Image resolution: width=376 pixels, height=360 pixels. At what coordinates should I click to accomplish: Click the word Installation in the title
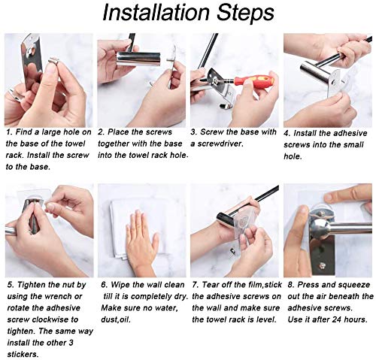[156, 13]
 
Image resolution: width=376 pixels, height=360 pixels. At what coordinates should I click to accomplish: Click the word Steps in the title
[245, 14]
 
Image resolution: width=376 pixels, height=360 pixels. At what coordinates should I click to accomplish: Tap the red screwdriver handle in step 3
[253, 80]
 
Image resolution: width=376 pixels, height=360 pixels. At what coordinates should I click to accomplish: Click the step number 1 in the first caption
[8, 132]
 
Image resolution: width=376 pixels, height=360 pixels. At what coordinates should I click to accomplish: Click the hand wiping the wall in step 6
[141, 238]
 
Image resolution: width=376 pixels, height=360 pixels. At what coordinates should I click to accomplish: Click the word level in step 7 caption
[265, 319]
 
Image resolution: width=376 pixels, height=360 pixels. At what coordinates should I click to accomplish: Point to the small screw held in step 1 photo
[53, 61]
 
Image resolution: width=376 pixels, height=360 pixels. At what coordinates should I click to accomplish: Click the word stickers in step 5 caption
[22, 354]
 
